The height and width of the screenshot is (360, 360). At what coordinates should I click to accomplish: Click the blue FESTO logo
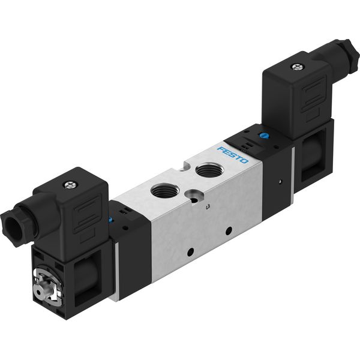pos(233,155)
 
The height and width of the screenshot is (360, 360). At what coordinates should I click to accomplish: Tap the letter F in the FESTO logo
pos(221,149)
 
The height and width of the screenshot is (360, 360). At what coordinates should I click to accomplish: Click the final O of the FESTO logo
pos(244,161)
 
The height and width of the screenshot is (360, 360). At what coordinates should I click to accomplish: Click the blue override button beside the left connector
pos(110,220)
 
